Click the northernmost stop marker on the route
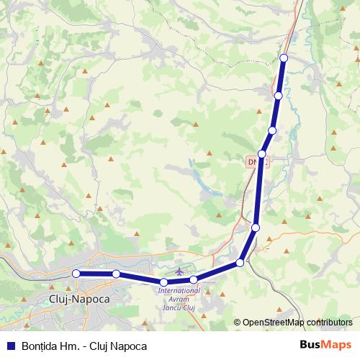tap(284, 58)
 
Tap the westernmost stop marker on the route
tap(76, 273)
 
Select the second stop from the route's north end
tap(279, 95)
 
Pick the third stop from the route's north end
tap(272, 130)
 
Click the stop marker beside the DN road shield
tap(262, 154)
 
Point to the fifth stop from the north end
tap(256, 228)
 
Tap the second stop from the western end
tap(116, 274)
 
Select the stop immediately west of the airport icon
tap(164, 282)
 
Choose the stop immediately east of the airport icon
tap(194, 279)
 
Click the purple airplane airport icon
tap(179, 280)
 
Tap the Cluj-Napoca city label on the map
tap(78, 298)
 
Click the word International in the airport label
tap(179, 291)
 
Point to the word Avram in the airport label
tap(179, 300)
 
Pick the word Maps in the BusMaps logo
tap(336, 345)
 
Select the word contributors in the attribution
tap(328, 323)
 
